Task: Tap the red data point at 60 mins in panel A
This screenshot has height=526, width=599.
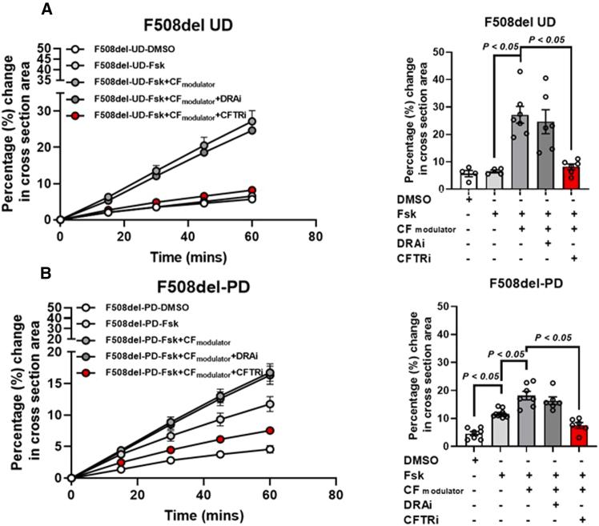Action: (252, 191)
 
